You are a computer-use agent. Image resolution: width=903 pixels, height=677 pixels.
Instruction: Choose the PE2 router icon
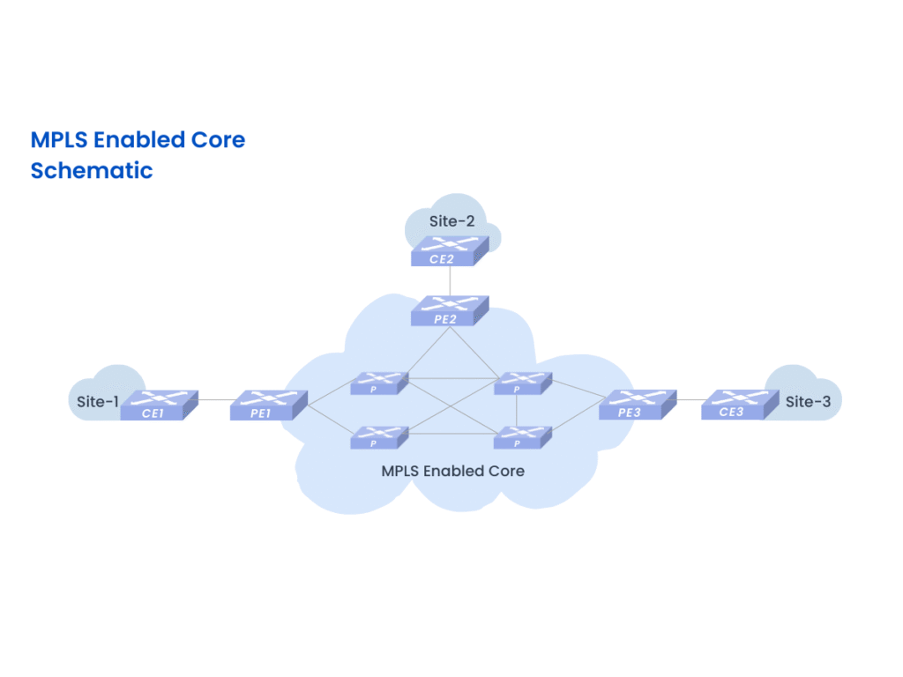449,311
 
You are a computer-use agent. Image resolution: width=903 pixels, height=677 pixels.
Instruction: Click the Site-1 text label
97,402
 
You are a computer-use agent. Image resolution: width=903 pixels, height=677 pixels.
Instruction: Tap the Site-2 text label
451,221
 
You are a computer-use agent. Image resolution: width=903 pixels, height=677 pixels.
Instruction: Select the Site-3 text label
808,402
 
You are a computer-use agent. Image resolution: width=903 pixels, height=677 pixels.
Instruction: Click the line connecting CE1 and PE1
214,399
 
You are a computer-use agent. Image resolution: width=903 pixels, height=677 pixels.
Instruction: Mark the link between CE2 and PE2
451,281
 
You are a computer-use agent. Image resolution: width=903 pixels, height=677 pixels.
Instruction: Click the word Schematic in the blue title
92,170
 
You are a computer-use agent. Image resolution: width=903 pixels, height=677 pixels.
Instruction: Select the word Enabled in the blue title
141,139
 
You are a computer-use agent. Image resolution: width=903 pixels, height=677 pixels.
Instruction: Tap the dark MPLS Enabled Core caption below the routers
452,471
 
